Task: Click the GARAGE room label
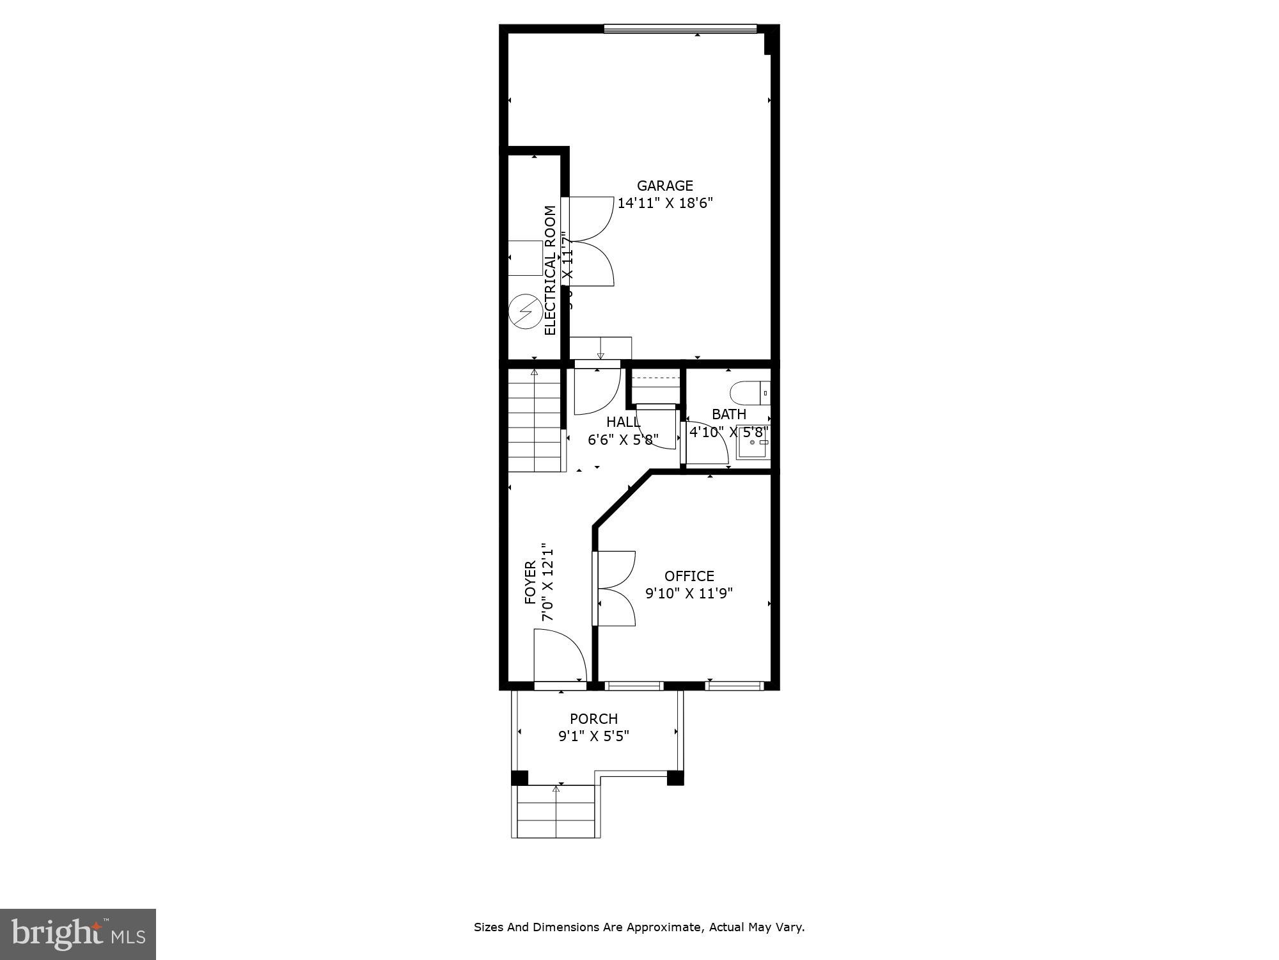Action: pos(664,186)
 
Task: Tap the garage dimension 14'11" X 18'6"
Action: pos(664,204)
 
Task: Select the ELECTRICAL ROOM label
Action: pos(550,270)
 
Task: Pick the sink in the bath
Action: pos(753,442)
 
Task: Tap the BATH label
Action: pos(728,414)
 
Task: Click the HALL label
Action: pos(622,422)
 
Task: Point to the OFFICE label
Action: pos(689,576)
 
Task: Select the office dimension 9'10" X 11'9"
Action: pos(689,593)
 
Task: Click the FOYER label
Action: pos(530,582)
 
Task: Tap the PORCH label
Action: pos(593,719)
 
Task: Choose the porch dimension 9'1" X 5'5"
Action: pos(593,736)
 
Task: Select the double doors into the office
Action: pos(614,588)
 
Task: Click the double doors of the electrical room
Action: pos(590,241)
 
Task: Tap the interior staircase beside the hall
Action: pos(534,422)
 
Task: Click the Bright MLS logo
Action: pos(78,934)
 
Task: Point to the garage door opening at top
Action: pos(680,29)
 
